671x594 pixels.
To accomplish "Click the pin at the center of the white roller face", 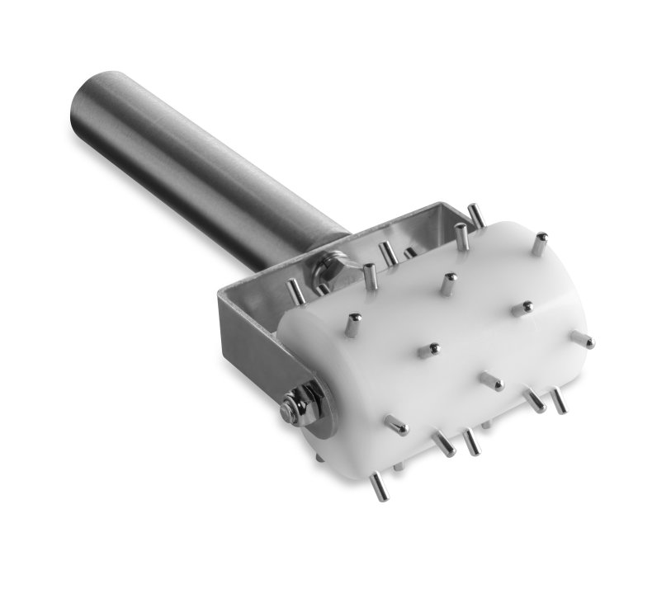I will [x=428, y=351].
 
